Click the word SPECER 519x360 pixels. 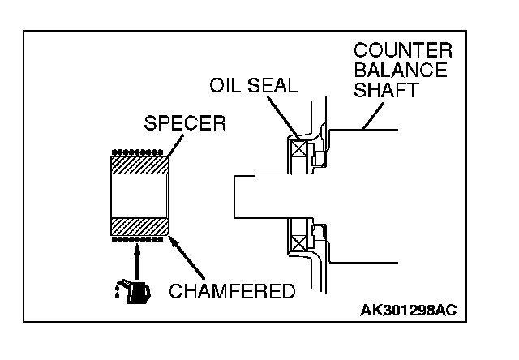[x=185, y=126]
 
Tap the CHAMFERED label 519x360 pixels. [x=232, y=291]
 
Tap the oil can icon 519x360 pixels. [x=133, y=290]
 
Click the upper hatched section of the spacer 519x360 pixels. [x=139, y=163]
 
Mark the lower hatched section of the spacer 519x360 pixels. [x=139, y=225]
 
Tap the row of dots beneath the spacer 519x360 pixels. [x=139, y=239]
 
